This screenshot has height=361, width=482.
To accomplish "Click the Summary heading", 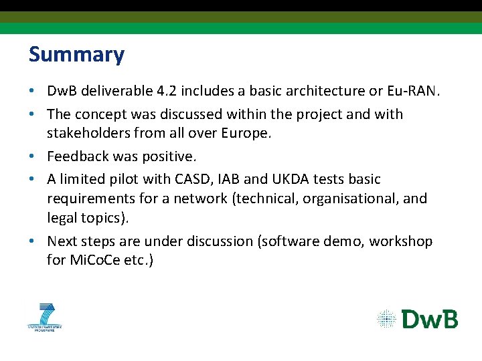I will pyautogui.click(x=76, y=54).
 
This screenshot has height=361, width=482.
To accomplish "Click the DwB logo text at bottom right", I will pyautogui.click(x=430, y=319).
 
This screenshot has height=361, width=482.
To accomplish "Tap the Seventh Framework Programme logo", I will pyautogui.click(x=45, y=316).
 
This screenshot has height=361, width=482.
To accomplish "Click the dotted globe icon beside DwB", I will pyautogui.click(x=387, y=319).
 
